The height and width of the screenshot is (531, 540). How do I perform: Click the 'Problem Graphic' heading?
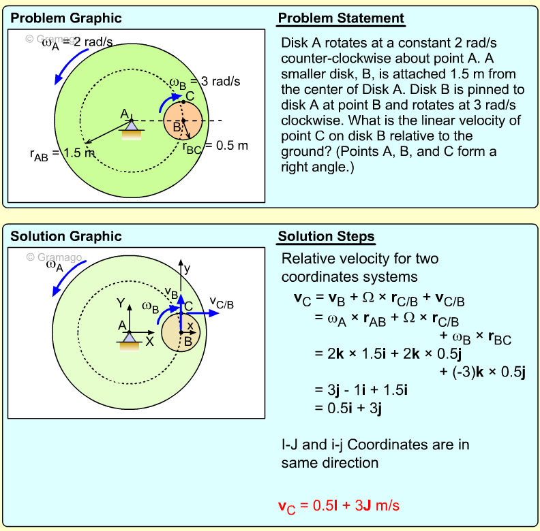[x=66, y=18]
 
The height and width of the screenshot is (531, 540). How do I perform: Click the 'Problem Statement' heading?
[x=340, y=18]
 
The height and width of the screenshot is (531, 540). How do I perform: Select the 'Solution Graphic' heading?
[x=66, y=237]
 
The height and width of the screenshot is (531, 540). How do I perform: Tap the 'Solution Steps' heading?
[x=326, y=237]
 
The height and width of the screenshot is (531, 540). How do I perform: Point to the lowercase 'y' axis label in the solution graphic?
[x=187, y=268]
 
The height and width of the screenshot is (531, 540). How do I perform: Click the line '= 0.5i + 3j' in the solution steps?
[x=348, y=408]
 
